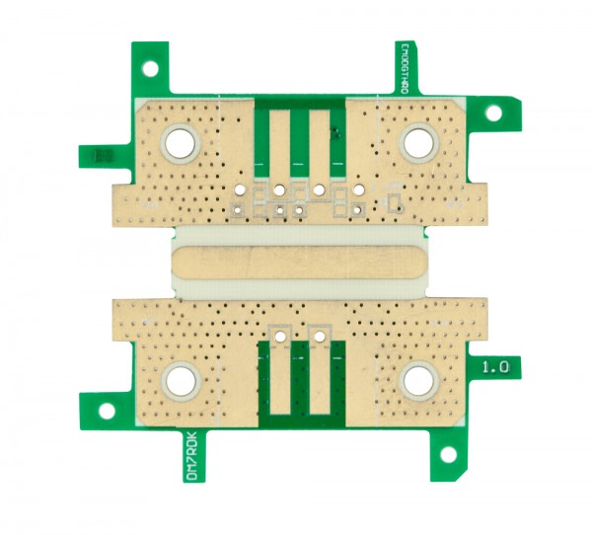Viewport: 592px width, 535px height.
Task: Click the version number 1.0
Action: (495, 366)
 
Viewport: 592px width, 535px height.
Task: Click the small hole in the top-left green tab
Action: (150, 68)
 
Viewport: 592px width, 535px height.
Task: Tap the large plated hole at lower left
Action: (182, 380)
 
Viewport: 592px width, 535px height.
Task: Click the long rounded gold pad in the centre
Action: (299, 264)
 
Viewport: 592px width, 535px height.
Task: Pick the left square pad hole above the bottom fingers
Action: (281, 336)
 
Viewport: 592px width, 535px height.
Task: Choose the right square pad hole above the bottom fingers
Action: (318, 336)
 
